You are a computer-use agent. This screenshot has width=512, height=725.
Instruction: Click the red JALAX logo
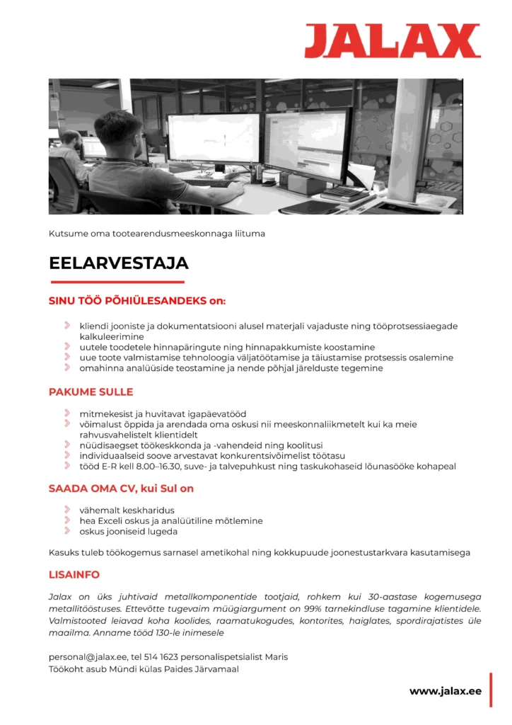392,40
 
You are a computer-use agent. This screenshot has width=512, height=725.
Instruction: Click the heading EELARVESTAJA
118,263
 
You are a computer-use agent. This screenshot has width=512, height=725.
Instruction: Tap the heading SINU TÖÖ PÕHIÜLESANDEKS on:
136,301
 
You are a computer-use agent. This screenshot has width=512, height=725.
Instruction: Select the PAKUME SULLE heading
91,392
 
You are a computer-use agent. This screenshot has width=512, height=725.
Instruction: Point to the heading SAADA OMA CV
121,489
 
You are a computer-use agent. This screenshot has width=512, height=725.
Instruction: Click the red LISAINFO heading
74,574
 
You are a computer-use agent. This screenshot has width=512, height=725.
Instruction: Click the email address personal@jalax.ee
88,657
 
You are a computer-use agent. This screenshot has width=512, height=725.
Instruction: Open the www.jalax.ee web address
445,691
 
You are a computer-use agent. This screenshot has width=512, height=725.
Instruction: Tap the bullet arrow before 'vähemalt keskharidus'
67,510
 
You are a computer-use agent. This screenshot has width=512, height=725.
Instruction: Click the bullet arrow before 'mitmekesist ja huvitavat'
67,413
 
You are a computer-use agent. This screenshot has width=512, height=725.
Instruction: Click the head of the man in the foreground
118,132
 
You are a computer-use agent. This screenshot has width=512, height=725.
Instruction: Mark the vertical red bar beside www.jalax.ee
491,690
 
